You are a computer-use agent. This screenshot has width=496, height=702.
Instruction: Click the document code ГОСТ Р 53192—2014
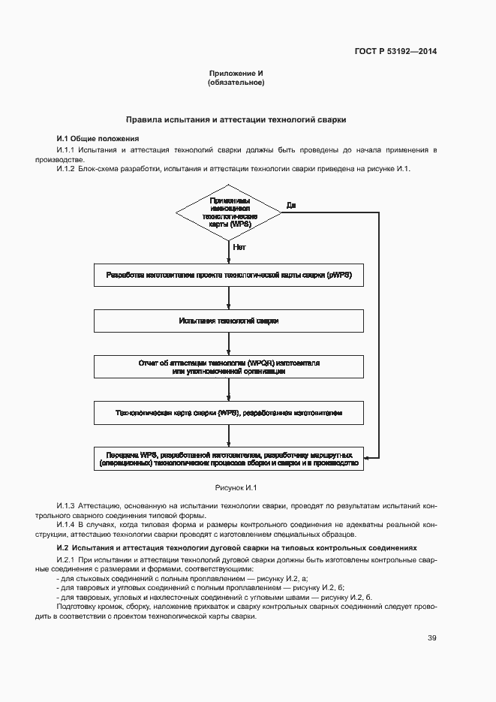(x=395, y=52)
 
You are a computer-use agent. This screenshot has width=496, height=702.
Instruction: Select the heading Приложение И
(x=236, y=74)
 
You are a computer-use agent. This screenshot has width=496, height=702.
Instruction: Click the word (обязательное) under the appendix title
(x=236, y=83)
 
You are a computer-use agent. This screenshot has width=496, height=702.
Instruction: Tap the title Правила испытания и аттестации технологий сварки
(x=236, y=119)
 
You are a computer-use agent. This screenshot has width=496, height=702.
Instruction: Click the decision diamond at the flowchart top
(x=230, y=214)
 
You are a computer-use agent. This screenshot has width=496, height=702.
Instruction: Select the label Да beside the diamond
(x=291, y=205)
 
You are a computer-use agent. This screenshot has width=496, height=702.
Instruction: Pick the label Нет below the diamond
(x=239, y=246)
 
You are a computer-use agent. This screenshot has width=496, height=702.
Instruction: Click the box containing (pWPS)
(x=229, y=276)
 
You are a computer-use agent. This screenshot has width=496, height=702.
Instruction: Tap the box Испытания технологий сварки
(x=229, y=321)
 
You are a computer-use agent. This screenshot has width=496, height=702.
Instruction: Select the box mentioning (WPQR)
(x=229, y=366)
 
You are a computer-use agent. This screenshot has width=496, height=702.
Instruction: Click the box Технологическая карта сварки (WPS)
(x=229, y=413)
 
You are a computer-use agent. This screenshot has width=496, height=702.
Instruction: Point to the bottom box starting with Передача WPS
(x=229, y=459)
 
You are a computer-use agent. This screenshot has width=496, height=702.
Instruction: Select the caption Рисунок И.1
(x=236, y=488)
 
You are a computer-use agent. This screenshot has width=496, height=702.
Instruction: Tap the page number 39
(x=431, y=638)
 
